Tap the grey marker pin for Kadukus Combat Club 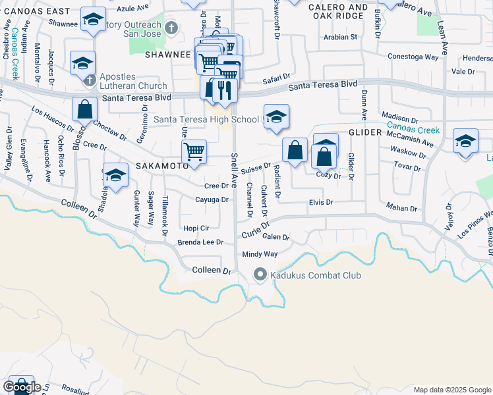coord(260,275)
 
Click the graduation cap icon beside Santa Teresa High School coord(276,117)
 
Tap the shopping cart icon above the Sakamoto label coord(194,152)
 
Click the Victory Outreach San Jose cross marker coord(171,28)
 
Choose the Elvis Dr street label coord(321,203)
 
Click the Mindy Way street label coord(260,254)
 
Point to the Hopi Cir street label coord(196,228)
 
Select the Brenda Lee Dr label coord(201,242)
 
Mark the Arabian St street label coord(340,37)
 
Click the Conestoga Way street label coord(413,57)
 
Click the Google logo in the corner coord(22,386)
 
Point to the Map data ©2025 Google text coord(452,390)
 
